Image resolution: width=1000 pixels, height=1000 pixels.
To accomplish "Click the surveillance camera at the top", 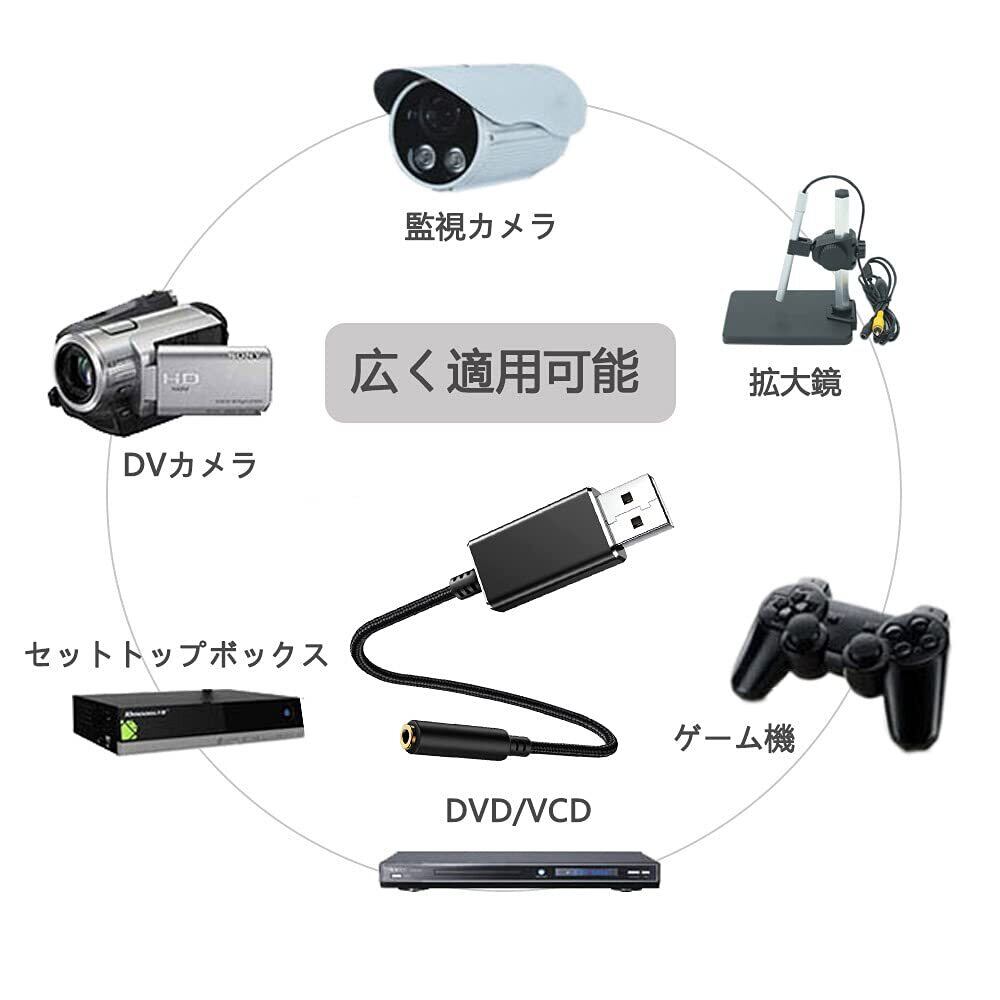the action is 485,125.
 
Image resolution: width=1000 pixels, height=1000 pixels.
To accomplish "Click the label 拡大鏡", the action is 795,382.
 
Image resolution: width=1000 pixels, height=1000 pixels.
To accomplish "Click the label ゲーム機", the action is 733,739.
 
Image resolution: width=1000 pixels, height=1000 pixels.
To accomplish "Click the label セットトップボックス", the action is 175,655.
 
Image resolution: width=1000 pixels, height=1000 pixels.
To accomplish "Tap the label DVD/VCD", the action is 518,811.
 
